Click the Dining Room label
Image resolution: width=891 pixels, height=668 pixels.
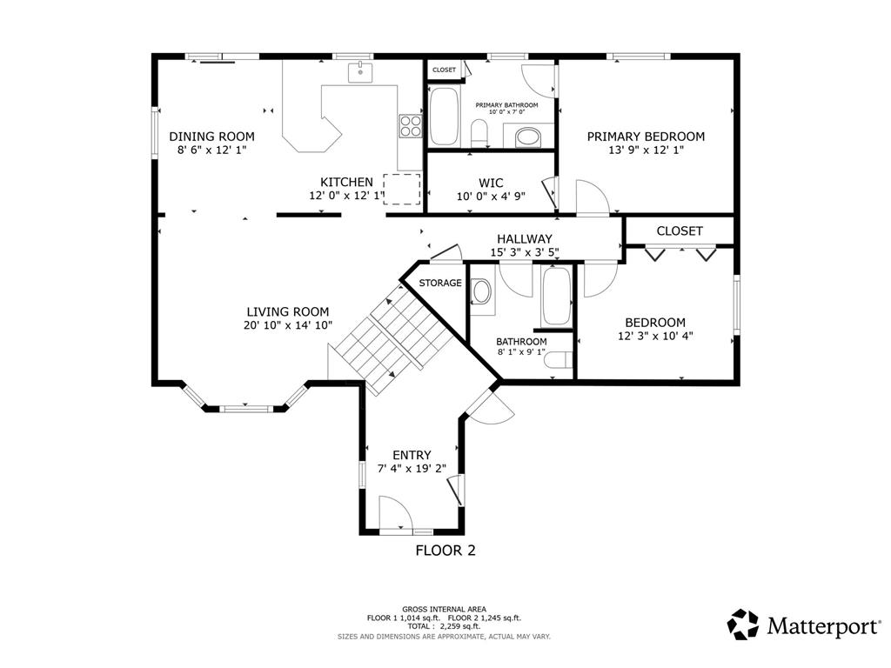212,137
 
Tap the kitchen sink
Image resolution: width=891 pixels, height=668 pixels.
360,73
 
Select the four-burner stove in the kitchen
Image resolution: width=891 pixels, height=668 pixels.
411,126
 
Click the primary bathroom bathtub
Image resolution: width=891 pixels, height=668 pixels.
444,117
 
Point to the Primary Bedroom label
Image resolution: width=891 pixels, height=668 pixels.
646,137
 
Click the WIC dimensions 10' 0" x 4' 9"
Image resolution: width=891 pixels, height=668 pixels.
491,197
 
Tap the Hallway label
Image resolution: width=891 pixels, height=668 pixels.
525,239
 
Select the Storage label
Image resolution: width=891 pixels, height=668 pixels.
440,283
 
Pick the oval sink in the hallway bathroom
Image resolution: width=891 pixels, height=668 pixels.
482,291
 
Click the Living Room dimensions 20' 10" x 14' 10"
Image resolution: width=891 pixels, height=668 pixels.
287,325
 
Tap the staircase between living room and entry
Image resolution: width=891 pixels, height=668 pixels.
392,340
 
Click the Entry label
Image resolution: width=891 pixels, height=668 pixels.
412,455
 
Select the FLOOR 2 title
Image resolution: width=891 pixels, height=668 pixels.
445,551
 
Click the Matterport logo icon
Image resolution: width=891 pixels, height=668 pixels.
743,625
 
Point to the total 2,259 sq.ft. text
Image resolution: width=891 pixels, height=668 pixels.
444,626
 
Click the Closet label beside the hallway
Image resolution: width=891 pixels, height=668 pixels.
680,231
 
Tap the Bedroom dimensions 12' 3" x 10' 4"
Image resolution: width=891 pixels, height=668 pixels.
655,336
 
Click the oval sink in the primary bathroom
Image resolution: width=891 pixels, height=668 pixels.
528,137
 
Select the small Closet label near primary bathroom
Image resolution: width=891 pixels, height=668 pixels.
444,70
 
